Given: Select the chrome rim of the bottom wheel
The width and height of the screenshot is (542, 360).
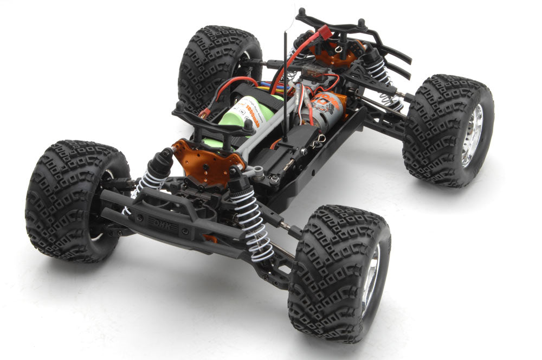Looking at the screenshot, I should coord(372,279).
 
